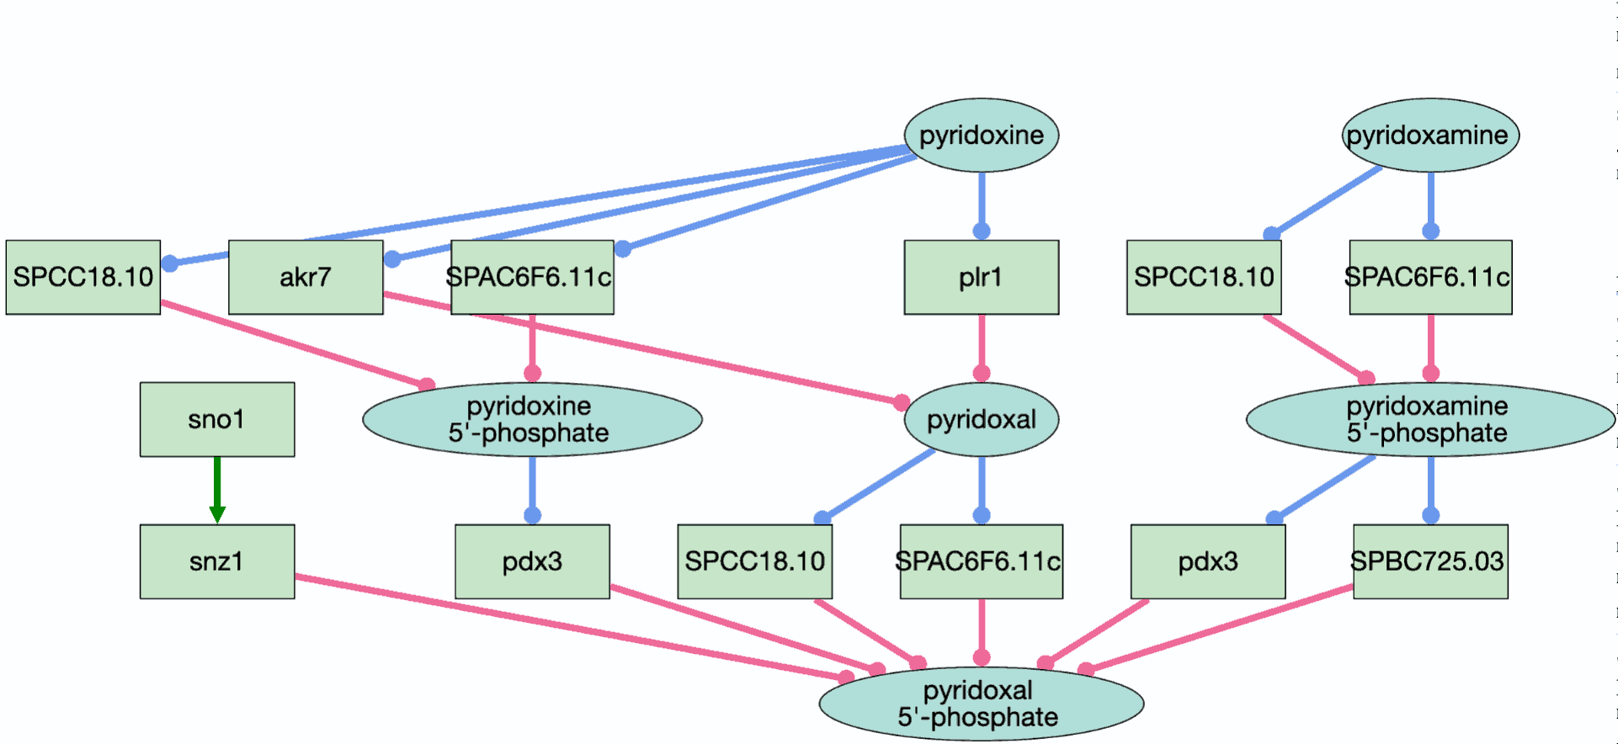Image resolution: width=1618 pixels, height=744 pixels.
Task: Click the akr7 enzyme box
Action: pos(306,277)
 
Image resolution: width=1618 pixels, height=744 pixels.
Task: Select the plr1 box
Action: pos(982,277)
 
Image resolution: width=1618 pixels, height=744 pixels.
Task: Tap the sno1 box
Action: pos(217,419)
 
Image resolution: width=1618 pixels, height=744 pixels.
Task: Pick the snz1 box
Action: pos(217,561)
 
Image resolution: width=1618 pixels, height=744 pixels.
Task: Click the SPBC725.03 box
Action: pos(1430,561)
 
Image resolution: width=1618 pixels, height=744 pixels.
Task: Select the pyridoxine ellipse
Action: pos(982,135)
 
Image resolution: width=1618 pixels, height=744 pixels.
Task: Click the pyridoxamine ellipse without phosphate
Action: pos(1430,135)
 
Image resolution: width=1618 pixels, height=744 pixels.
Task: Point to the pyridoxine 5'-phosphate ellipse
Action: pos(532,419)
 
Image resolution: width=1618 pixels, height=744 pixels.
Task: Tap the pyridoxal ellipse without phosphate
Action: pos(982,419)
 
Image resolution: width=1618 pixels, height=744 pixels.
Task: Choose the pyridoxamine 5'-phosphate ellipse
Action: pos(1430,419)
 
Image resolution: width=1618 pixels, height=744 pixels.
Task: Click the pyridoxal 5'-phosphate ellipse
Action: pos(982,704)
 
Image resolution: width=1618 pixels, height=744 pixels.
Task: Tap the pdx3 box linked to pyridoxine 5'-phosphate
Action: pos(532,561)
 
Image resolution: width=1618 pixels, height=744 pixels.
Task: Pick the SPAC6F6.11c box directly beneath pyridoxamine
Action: pos(1430,277)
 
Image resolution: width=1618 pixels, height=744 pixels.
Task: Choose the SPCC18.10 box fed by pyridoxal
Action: pos(755,561)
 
